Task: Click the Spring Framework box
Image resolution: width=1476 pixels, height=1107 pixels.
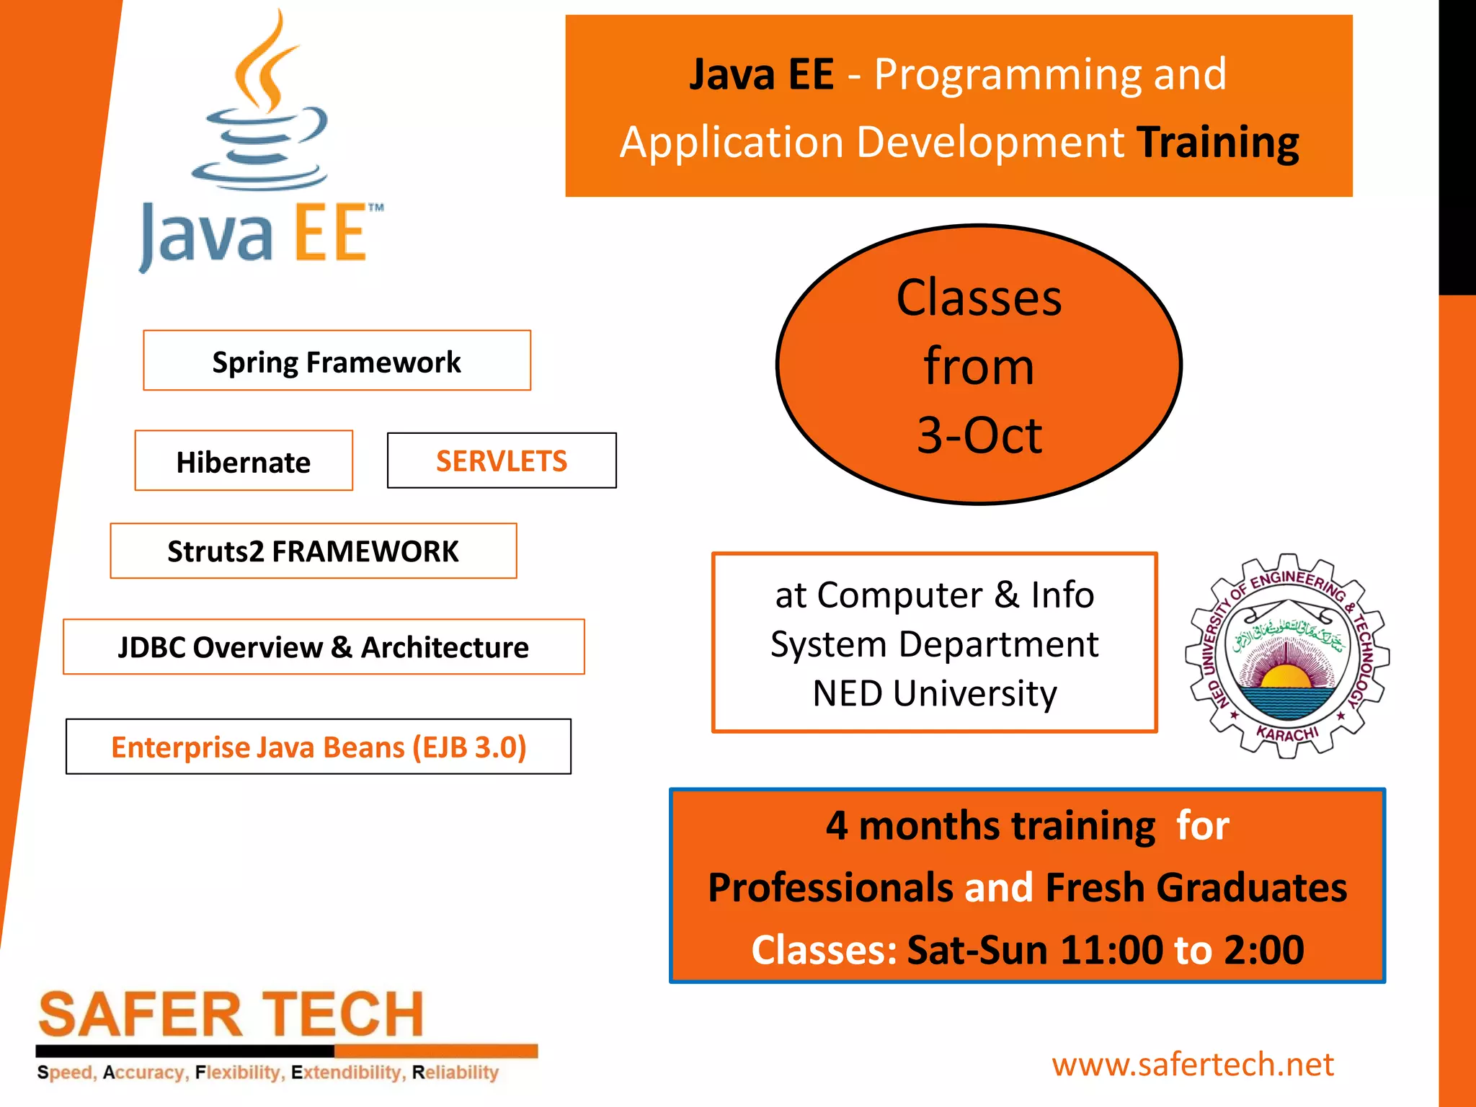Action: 337,361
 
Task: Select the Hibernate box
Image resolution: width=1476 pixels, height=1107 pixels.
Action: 244,461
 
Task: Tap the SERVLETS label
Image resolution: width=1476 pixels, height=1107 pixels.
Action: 502,461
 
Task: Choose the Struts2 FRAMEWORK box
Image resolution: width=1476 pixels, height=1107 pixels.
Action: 313,551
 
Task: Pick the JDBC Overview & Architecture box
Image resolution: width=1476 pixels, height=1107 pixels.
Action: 324,647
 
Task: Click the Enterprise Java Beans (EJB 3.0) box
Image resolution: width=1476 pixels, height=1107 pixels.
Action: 319,747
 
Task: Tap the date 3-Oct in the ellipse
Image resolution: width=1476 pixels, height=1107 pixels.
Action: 979,435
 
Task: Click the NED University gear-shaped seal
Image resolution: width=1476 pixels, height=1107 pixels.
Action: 1287,656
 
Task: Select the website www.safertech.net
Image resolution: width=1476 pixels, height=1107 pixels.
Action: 1193,1064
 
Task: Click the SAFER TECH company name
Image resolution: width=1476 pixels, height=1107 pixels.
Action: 231,1015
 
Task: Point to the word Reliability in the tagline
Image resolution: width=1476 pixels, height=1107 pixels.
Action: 455,1072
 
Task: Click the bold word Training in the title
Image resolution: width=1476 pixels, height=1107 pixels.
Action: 1218,142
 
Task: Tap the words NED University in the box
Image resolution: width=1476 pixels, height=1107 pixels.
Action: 935,693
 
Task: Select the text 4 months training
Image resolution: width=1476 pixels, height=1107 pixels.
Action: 991,826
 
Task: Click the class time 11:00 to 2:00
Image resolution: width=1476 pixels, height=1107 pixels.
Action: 1182,950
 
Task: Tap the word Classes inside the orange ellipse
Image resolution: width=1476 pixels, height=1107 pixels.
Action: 979,298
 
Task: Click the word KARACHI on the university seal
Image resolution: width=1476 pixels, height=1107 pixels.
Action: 1287,734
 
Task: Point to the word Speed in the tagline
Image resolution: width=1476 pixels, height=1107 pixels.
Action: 66,1072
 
